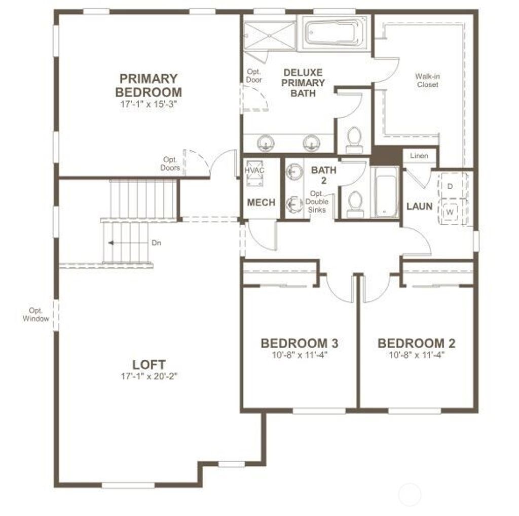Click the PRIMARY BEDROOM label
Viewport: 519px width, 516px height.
[148, 85]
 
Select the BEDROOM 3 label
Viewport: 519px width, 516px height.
[300, 343]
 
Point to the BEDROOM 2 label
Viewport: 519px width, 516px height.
[416, 343]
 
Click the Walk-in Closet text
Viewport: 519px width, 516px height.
[427, 81]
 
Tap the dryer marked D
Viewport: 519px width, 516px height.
[450, 186]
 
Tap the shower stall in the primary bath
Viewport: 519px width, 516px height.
[269, 34]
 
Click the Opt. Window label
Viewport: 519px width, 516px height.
[36, 315]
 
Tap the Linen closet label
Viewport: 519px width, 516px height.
[419, 156]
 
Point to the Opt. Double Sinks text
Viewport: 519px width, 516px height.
[316, 202]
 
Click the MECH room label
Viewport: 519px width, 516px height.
[261, 202]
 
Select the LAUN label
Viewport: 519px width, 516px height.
[419, 207]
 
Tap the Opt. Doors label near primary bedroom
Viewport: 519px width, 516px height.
[171, 163]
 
